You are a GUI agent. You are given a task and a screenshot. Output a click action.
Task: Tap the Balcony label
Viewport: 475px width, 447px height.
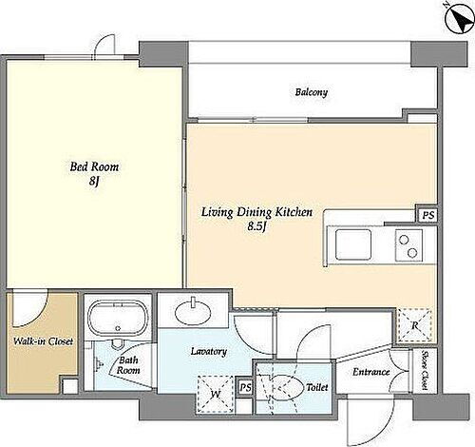[x=312, y=92]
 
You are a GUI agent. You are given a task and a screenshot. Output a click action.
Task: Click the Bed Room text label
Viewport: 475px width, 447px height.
[x=94, y=166]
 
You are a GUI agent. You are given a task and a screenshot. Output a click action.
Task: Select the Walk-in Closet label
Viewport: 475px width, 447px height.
[x=43, y=341]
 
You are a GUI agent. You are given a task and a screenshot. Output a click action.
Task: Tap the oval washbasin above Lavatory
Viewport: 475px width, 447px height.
[x=193, y=312]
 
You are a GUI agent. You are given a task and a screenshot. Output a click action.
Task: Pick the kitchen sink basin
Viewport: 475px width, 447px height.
[x=353, y=244]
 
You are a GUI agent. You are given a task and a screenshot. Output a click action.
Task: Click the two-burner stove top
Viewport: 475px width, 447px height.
[x=408, y=245]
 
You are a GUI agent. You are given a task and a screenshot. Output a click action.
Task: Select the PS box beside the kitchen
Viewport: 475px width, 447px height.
[x=427, y=216]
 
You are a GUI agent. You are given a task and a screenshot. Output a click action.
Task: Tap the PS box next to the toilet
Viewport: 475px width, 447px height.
[x=245, y=387]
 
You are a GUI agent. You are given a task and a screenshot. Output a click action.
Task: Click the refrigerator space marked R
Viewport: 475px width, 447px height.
[x=415, y=325]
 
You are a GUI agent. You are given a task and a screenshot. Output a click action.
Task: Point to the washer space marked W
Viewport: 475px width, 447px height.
[x=216, y=395]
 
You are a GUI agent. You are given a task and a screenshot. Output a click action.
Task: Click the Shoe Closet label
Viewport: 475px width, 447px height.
[x=426, y=370]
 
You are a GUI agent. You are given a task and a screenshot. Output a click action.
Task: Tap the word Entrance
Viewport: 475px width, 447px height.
[x=371, y=372]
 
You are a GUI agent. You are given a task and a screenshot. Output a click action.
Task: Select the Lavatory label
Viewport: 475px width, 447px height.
[x=209, y=352]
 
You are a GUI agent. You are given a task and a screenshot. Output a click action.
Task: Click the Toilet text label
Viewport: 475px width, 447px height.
[x=316, y=387]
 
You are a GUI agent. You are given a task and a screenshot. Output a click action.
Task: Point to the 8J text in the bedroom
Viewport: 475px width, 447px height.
[x=94, y=182]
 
